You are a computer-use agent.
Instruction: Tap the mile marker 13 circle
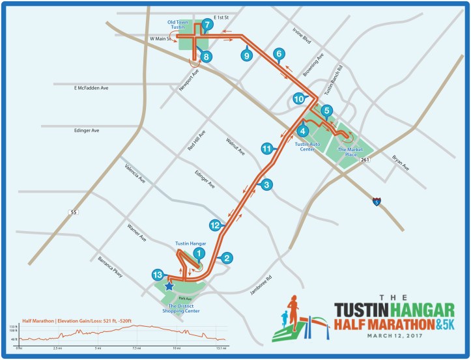click(x=158, y=274)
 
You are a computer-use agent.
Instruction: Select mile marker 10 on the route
click(x=298, y=99)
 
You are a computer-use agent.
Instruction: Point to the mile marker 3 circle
click(x=266, y=185)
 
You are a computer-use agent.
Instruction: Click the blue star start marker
click(x=169, y=286)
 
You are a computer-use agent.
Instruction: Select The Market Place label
click(x=347, y=151)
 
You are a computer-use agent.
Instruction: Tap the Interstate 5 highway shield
click(x=377, y=202)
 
